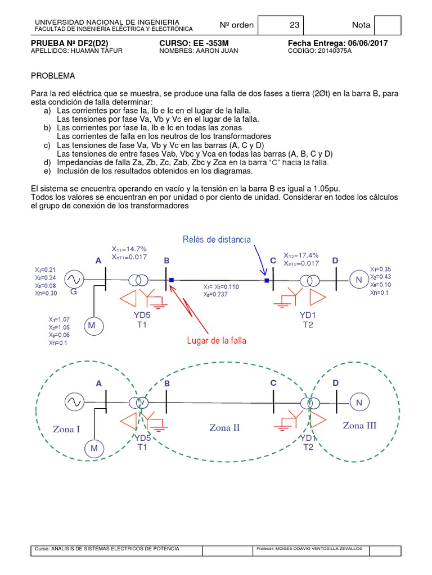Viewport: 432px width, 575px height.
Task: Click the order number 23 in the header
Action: click(295, 25)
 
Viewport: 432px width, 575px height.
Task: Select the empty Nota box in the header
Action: click(388, 25)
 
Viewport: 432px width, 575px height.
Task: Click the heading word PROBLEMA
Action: click(52, 76)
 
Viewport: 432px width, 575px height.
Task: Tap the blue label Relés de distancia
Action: click(217, 240)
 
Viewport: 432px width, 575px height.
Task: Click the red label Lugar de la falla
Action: click(216, 340)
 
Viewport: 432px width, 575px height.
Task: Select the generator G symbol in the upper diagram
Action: click(73, 279)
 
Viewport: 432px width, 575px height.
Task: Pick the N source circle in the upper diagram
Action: click(358, 279)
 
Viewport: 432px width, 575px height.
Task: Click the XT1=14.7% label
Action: click(129, 249)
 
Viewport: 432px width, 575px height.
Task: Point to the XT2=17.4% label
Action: click(301, 255)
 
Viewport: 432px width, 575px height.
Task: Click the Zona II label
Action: click(224, 427)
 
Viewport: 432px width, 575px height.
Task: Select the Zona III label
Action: click(359, 426)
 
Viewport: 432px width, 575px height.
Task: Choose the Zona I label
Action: click(67, 430)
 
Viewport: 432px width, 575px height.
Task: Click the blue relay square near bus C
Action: click(267, 280)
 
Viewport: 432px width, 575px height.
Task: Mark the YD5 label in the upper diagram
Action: click(142, 316)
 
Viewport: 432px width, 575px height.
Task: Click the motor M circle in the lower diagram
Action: click(94, 448)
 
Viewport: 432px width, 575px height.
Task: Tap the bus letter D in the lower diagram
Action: click(336, 384)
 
